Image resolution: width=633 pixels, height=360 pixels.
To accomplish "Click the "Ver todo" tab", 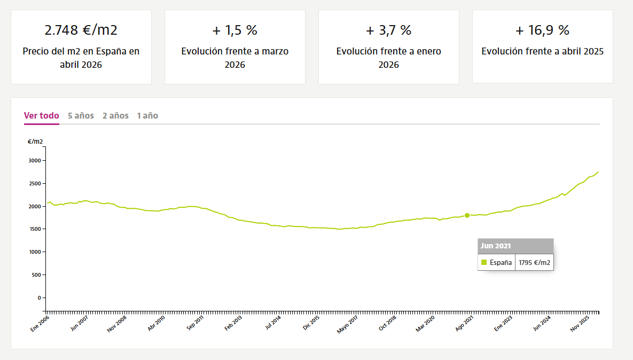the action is [x=42, y=116].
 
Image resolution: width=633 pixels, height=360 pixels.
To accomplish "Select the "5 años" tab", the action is [x=81, y=116].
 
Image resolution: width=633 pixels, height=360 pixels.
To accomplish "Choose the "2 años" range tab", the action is [x=115, y=116].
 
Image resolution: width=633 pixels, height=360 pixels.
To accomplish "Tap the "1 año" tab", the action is [x=147, y=116].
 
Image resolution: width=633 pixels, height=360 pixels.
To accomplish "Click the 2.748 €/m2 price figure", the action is [x=81, y=30].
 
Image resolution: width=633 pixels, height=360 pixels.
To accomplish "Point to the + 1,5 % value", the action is [x=235, y=30].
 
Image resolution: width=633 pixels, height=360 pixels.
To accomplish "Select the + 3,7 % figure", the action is [x=389, y=30].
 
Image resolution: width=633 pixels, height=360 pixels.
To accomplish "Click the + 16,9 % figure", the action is [x=543, y=30].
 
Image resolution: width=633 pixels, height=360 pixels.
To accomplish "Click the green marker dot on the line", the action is [x=467, y=215].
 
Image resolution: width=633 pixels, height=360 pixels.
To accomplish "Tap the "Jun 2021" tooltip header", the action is [x=496, y=246].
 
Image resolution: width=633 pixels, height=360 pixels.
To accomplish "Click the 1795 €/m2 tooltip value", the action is [x=535, y=262].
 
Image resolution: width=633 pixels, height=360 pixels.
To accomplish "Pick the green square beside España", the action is [x=484, y=262].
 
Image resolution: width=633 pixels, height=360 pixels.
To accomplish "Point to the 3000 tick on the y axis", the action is [x=35, y=161].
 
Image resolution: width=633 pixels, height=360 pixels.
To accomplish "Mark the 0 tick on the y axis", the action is [x=40, y=298].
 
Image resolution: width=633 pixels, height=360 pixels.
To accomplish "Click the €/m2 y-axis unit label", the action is [x=35, y=142].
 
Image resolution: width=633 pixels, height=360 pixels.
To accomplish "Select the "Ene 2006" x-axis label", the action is [x=40, y=324].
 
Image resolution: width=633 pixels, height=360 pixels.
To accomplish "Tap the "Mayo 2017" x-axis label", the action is [x=348, y=325].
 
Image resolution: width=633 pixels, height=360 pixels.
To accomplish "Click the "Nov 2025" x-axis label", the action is [x=580, y=324].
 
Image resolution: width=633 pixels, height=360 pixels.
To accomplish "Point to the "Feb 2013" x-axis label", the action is [x=233, y=323].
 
